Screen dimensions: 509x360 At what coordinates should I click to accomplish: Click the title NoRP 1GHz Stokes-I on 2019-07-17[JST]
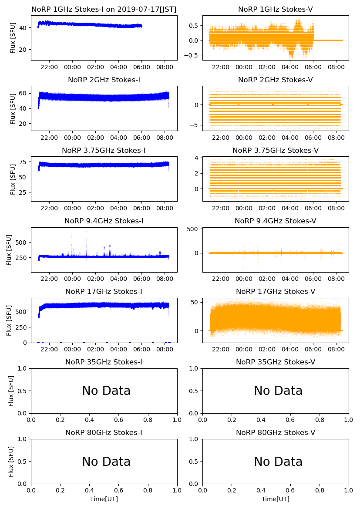click(x=104, y=9)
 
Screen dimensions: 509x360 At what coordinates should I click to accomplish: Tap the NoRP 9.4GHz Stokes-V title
click(x=276, y=221)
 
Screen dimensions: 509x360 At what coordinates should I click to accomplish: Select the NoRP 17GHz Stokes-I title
click(x=104, y=291)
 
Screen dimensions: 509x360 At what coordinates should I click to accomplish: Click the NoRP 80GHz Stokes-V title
click(x=276, y=432)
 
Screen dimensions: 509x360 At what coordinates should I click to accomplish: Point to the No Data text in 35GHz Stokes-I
click(x=106, y=391)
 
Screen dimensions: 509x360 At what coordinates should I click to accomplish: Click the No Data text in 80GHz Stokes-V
click(x=278, y=462)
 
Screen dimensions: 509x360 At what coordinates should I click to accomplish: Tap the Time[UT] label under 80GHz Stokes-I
click(x=104, y=499)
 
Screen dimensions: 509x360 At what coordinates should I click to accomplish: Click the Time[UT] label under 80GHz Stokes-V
click(x=276, y=499)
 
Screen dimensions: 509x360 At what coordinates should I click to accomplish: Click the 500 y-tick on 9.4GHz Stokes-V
click(x=192, y=229)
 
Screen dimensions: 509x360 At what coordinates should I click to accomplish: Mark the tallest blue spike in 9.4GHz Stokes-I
click(x=86, y=232)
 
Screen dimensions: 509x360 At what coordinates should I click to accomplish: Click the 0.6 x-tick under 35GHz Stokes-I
click(x=119, y=420)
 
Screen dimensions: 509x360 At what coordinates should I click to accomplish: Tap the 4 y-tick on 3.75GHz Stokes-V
click(x=197, y=158)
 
